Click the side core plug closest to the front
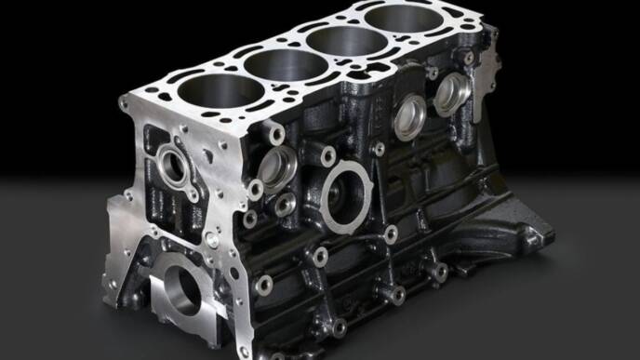click(x=277, y=167)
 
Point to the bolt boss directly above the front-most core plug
click(x=275, y=136)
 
